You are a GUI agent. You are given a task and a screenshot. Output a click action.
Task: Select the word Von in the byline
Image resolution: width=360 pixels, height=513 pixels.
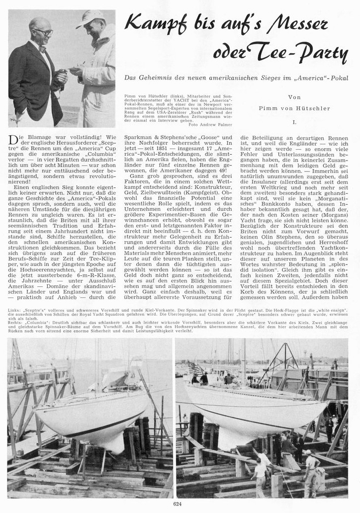(x=294, y=97)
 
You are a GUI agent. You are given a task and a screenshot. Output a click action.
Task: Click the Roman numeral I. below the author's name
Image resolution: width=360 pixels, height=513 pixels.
(x=294, y=121)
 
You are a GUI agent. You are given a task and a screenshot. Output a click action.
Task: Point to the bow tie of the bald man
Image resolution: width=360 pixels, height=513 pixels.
(x=43, y=49)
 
